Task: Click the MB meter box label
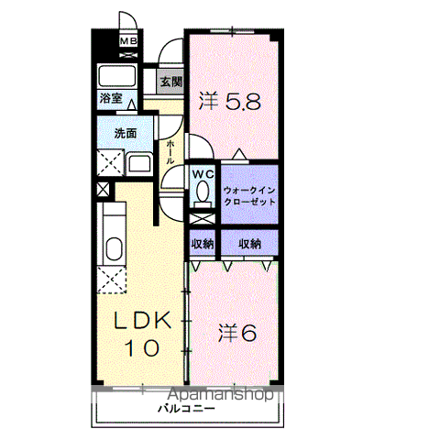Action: [x=128, y=40]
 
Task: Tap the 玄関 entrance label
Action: [x=171, y=82]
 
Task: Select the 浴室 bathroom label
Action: [x=111, y=98]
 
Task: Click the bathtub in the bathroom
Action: [x=116, y=76]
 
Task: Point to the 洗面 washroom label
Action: [x=126, y=133]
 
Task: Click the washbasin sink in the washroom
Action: [x=139, y=163]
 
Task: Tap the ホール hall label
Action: [x=170, y=152]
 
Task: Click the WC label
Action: [x=203, y=174]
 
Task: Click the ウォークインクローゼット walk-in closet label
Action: [x=249, y=196]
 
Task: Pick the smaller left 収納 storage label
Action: [x=203, y=244]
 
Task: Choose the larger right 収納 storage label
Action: [x=249, y=244]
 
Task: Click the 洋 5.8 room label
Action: [x=230, y=102]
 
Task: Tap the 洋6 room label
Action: [x=237, y=333]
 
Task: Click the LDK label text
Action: [x=142, y=320]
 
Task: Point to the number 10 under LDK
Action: [x=142, y=347]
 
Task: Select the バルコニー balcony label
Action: [x=186, y=409]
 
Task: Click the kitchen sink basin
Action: [x=115, y=249]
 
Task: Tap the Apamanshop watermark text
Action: [x=221, y=394]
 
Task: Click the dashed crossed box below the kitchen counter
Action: [x=112, y=280]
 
